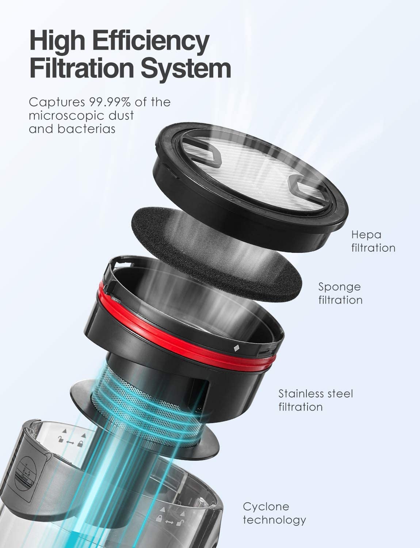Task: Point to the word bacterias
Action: point(87,129)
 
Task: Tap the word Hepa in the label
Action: point(366,235)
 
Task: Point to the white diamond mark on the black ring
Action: point(236,348)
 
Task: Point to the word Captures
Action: point(57,103)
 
